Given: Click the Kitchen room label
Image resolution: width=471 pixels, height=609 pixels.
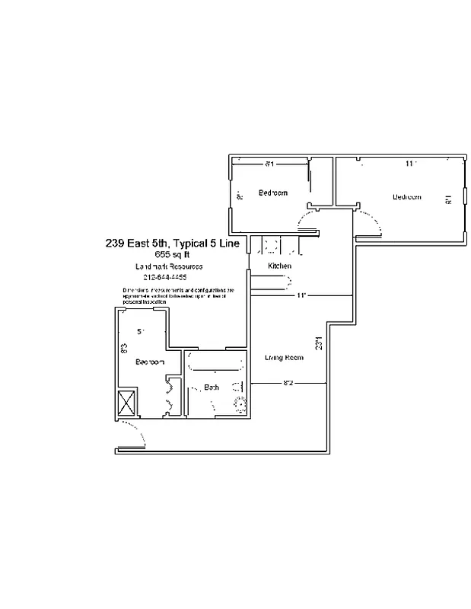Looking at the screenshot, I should click(280, 266).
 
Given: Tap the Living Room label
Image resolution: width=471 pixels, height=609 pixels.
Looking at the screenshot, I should click(284, 357).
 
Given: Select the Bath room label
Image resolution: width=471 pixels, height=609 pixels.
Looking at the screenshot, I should click(212, 387).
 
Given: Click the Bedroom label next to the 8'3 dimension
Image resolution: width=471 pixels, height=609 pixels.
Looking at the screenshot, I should click(150, 362).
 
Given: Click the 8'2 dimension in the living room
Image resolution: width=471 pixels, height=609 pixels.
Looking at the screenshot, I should click(288, 383).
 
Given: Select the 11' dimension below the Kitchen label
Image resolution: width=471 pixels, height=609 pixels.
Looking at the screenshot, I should click(301, 295).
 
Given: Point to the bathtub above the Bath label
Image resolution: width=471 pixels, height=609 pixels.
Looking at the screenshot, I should click(215, 362).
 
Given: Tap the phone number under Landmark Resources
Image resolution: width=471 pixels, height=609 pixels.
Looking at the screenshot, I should click(165, 278).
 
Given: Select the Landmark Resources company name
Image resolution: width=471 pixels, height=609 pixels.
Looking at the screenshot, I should click(168, 266).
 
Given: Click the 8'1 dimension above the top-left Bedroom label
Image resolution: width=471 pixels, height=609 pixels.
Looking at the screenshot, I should click(269, 164).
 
